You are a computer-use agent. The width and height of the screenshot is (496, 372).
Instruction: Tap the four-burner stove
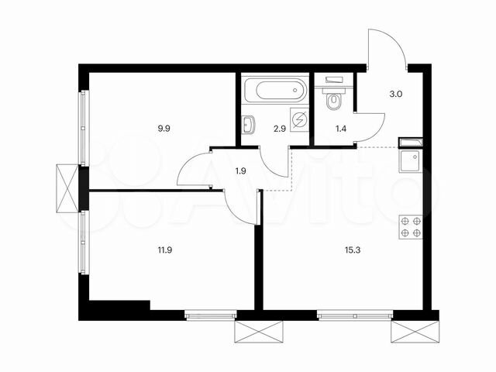tap(410, 226)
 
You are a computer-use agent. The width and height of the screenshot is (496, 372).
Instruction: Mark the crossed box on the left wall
tap(67, 188)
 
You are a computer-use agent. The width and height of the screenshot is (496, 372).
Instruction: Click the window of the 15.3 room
tap(353, 315)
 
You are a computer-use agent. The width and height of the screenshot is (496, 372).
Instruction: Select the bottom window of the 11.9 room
tap(210, 315)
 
